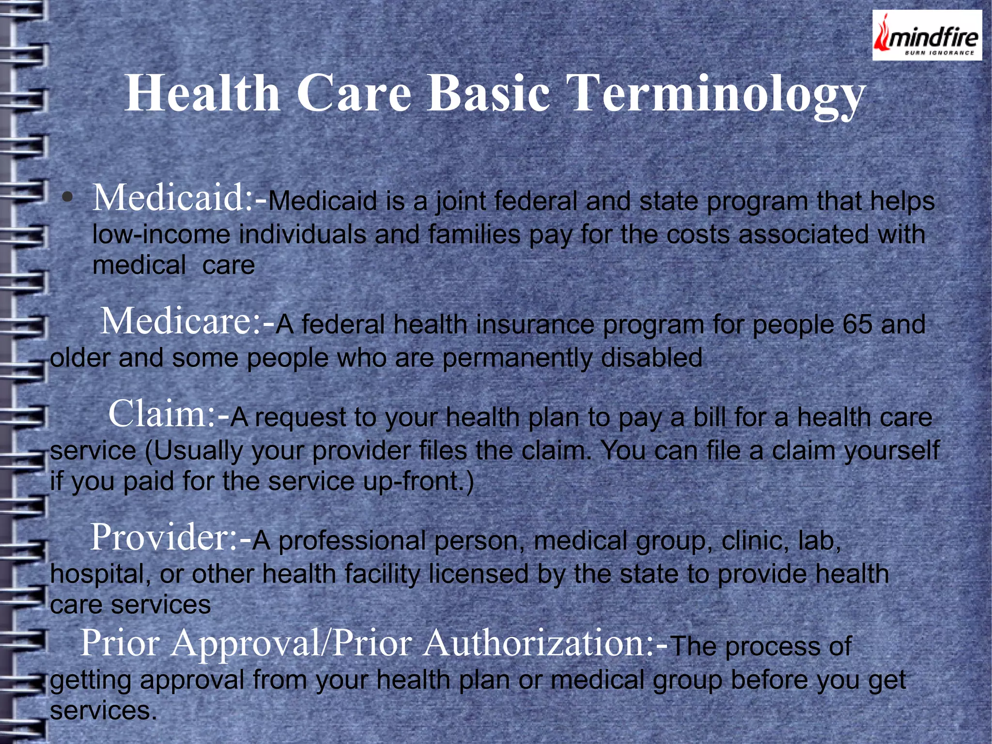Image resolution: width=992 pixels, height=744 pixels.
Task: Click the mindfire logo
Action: [x=927, y=35]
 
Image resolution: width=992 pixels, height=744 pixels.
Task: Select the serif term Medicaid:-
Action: [x=179, y=198]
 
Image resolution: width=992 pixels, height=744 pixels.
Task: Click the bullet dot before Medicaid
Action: [x=68, y=198]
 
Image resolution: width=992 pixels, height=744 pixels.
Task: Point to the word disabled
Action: [x=651, y=358]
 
